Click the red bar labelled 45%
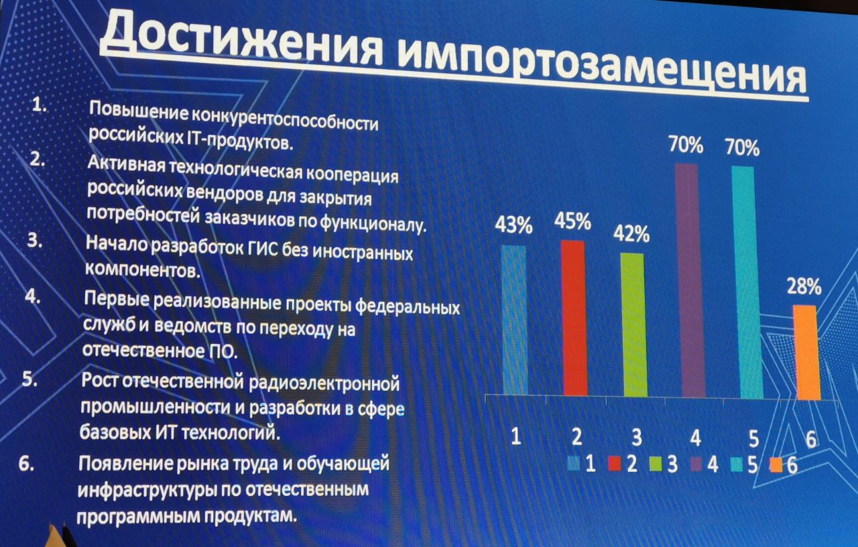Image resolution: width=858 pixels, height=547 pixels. click(x=574, y=318)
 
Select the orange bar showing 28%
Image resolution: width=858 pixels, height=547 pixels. click(x=806, y=353)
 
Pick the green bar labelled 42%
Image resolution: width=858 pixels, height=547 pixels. click(x=633, y=325)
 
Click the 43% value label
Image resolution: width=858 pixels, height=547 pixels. click(x=513, y=225)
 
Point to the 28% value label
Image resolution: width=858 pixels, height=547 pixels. click(x=804, y=286)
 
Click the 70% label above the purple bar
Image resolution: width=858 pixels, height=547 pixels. click(x=686, y=145)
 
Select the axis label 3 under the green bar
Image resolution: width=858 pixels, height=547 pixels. click(x=636, y=437)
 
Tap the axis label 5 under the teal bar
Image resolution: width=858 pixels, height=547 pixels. click(x=753, y=438)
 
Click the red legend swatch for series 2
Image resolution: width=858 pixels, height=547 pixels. click(x=615, y=464)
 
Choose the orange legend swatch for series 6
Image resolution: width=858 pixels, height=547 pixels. click(x=776, y=465)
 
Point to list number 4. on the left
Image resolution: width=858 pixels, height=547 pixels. click(x=33, y=296)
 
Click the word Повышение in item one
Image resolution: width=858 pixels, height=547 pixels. click(x=139, y=111)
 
